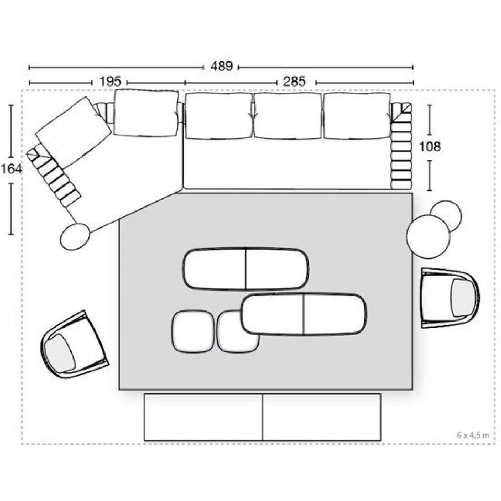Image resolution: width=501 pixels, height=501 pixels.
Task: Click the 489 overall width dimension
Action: coord(221,66)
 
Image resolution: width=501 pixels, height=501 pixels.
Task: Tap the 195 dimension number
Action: coord(110,81)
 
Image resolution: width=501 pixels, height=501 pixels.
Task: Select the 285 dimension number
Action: coord(294,81)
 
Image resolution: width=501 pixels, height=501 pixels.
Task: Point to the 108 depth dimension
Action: coord(430,146)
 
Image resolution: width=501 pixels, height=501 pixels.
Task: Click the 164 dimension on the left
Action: coord(12,169)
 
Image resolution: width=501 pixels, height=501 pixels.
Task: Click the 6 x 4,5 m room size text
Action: coord(473,435)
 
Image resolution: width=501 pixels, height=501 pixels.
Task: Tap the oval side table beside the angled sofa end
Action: coord(75,237)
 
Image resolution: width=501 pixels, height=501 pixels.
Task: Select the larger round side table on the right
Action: coord(428,237)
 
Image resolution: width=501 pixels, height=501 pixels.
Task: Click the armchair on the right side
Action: coord(450,298)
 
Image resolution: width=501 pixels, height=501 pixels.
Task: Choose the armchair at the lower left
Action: coord(74,345)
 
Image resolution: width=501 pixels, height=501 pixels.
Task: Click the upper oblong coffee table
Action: coord(245,269)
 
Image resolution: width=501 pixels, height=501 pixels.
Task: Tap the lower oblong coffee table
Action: coord(303,314)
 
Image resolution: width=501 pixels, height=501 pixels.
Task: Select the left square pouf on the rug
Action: coord(193,331)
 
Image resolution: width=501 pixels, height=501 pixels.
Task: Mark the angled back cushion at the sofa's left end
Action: coord(73,132)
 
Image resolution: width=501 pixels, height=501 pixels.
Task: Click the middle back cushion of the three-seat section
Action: coord(288,116)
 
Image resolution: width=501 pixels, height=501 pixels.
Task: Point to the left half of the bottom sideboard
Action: coord(203,417)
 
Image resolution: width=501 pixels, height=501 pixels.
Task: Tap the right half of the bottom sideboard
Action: coord(321,417)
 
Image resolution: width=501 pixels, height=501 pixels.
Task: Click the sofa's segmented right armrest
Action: coord(401,145)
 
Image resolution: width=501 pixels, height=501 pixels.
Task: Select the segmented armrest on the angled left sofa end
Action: coord(53,175)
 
